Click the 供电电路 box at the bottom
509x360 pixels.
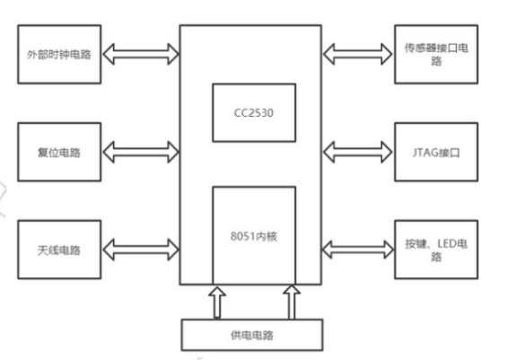253,336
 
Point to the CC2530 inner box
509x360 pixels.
253,112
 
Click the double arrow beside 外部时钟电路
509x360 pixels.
140,55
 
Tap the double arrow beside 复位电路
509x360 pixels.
140,153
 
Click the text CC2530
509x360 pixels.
253,112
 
